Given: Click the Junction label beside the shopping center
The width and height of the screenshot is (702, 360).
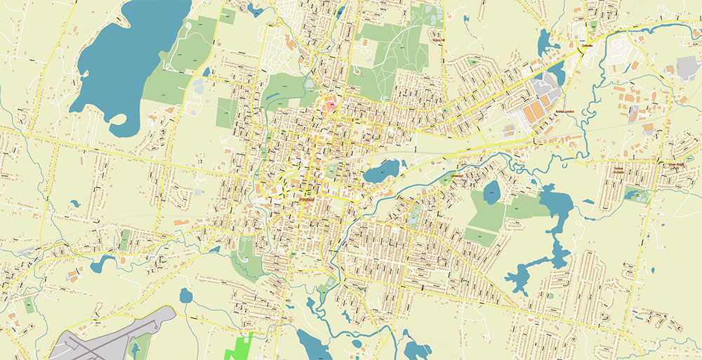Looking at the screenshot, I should [564, 112].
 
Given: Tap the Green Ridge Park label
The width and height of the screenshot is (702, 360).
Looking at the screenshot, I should [675, 166].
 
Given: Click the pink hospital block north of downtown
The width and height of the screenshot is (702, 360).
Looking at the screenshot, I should [330, 107].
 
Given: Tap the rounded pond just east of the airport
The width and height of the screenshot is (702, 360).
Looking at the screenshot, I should [185, 295].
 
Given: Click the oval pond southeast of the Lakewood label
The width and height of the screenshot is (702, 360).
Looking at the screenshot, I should [492, 192].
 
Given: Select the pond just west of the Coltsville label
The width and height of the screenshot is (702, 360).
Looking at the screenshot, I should [547, 44].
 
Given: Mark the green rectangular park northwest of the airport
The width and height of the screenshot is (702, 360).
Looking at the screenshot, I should [124, 239].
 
